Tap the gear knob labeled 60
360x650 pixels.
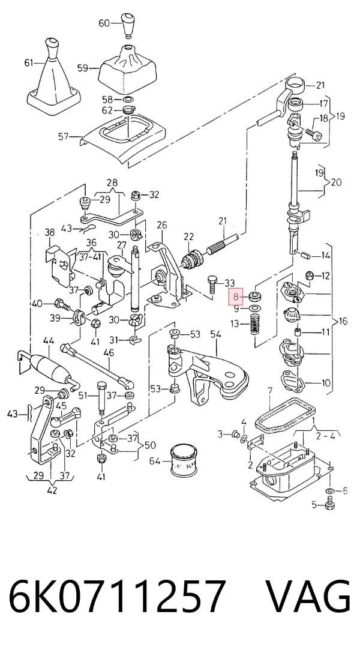[128, 25]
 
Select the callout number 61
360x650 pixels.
[29, 63]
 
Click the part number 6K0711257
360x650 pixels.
[117, 597]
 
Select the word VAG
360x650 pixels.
[308, 597]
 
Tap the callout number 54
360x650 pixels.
[216, 334]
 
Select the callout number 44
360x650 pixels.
[49, 341]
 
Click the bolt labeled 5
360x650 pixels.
[330, 505]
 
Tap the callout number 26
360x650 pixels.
[162, 224]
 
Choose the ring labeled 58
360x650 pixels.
[128, 100]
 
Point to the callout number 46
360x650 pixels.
[109, 353]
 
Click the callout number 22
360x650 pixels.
[188, 236]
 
